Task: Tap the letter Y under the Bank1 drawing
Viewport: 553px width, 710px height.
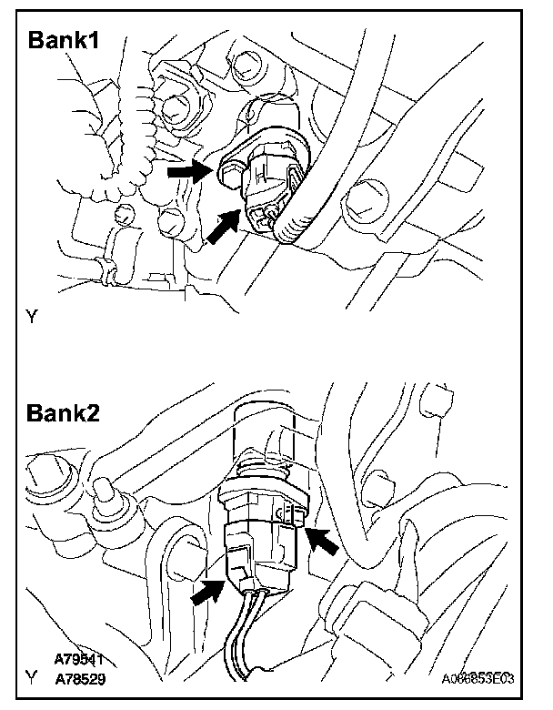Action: click(x=33, y=319)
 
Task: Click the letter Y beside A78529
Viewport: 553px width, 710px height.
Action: click(x=33, y=678)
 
